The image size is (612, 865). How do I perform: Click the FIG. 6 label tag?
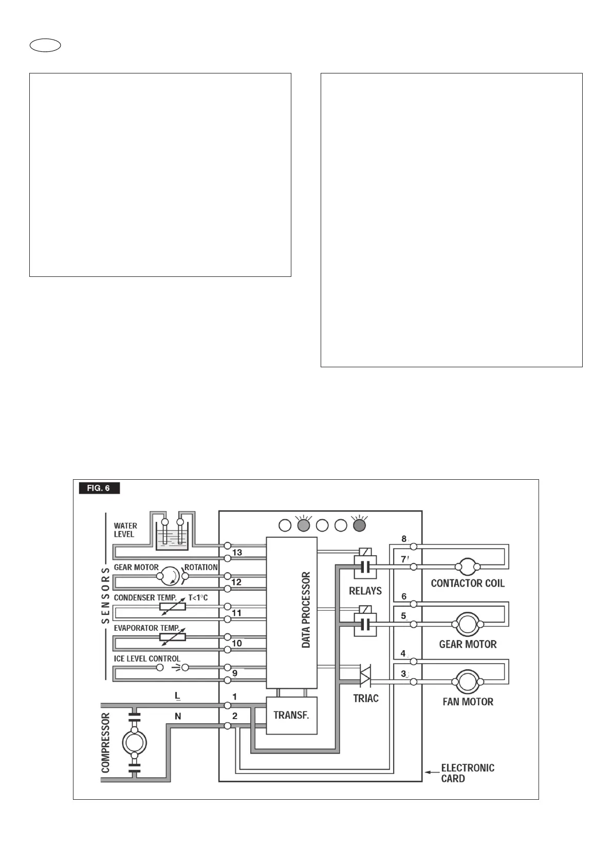pyautogui.click(x=99, y=488)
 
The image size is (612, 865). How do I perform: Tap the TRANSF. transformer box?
pyautogui.click(x=291, y=716)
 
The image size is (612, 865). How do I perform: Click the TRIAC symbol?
pyautogui.click(x=365, y=675)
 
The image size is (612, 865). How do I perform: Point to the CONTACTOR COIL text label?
pyautogui.click(x=468, y=584)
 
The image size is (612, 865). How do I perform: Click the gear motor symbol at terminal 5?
pyautogui.click(x=468, y=624)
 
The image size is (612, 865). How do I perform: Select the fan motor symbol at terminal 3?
pyautogui.click(x=468, y=682)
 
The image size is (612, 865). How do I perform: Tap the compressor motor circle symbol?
pyautogui.click(x=134, y=742)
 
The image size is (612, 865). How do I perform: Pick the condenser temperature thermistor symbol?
pyautogui.click(x=173, y=607)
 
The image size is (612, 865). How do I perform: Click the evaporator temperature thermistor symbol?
pyautogui.click(x=173, y=637)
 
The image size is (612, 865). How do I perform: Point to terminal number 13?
pyautogui.click(x=237, y=553)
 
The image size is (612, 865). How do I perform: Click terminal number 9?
pyautogui.click(x=235, y=673)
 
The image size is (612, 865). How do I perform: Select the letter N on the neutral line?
pyautogui.click(x=178, y=716)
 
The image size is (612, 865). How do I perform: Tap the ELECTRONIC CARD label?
pyautogui.click(x=468, y=773)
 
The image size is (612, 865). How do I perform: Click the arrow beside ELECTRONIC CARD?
pyautogui.click(x=431, y=772)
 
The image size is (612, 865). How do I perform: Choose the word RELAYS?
pyautogui.click(x=365, y=591)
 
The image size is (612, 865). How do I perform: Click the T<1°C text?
pyautogui.click(x=198, y=598)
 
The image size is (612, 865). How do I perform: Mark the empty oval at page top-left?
pyautogui.click(x=45, y=46)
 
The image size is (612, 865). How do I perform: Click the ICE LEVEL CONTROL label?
pyautogui.click(x=147, y=659)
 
